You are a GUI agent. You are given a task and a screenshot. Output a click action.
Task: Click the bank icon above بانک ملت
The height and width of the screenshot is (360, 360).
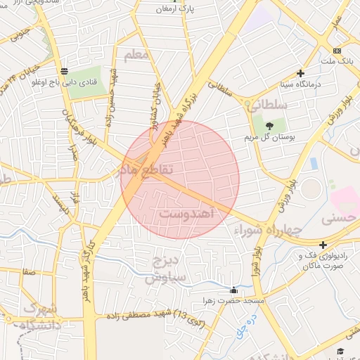coord(337,51)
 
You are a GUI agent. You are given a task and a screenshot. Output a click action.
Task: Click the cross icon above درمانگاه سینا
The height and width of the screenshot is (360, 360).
coord(301,73)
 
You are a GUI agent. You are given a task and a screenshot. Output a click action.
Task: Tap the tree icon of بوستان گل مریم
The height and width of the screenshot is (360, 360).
coord(270,124)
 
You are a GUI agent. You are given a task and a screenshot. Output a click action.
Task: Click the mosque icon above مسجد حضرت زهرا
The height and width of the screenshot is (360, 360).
coord(234,290)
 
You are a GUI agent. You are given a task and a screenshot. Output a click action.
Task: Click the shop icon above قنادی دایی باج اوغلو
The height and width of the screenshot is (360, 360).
coord(65,70)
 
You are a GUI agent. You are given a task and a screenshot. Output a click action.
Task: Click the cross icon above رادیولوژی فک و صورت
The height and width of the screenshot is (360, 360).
coord(323,245)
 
